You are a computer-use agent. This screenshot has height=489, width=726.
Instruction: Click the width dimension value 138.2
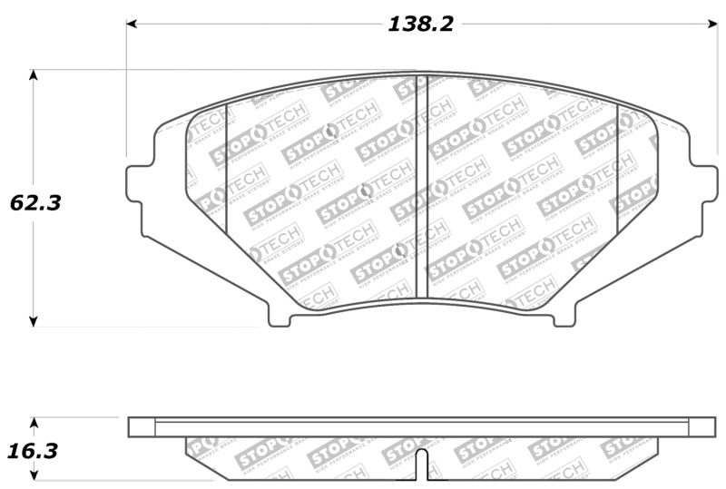(420, 24)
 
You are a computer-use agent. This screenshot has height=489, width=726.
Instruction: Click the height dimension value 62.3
(35, 203)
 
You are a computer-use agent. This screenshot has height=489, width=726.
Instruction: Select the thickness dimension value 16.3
(35, 450)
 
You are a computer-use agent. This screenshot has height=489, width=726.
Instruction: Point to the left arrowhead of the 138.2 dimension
(132, 24)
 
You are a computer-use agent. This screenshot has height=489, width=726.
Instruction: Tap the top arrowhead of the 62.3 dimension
(34, 76)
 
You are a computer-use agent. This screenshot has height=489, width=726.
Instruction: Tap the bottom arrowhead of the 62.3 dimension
(34, 319)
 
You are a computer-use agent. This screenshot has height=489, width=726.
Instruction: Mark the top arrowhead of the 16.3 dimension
(34, 424)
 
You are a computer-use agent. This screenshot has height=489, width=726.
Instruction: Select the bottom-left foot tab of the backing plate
(280, 318)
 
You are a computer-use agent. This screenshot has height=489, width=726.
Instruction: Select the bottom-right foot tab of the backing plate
(564, 318)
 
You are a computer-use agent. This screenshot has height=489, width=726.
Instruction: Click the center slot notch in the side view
(423, 463)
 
